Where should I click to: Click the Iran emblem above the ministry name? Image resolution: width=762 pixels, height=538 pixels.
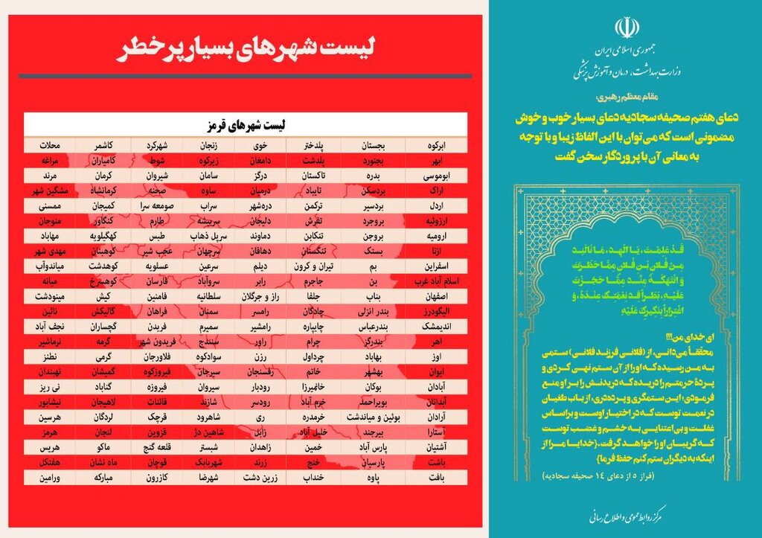coord(627,28)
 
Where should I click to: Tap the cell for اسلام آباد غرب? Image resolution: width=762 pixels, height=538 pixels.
coord(434,281)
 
